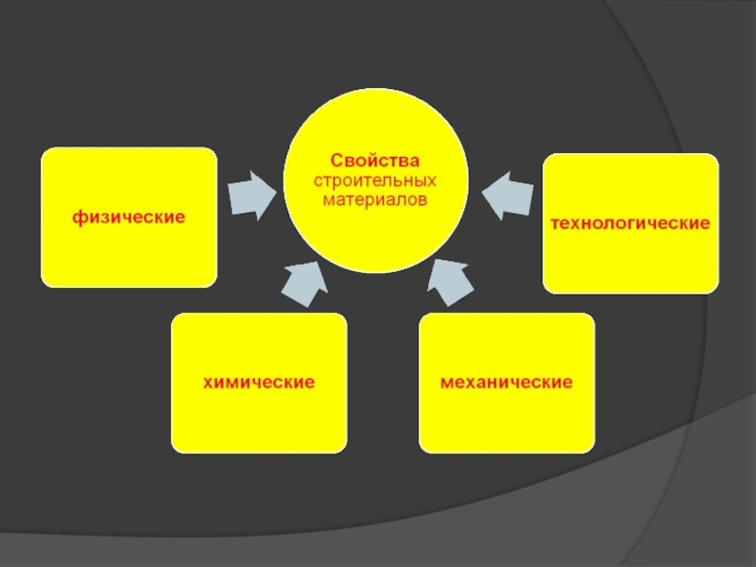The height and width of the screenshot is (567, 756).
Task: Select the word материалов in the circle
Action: (x=374, y=200)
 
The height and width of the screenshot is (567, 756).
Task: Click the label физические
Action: (x=129, y=216)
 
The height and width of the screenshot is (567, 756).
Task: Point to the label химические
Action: (x=258, y=383)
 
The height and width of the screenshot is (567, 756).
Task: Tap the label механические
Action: (x=507, y=383)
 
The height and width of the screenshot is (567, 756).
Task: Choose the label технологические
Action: (x=630, y=224)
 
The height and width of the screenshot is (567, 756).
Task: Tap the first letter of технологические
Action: (x=556, y=225)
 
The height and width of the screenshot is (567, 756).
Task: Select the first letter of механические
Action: (x=444, y=384)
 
